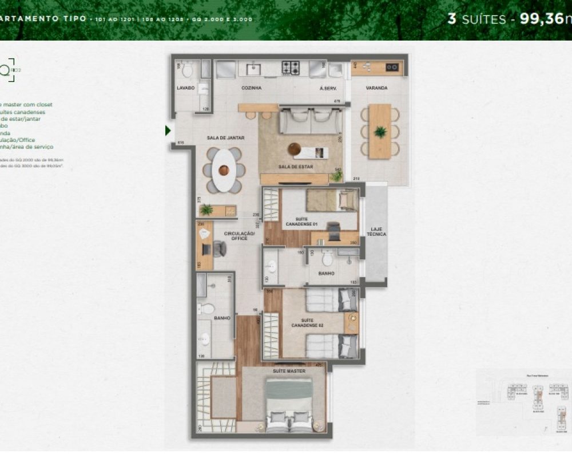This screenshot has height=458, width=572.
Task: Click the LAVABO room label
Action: [185, 88]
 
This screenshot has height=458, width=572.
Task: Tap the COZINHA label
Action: [252, 88]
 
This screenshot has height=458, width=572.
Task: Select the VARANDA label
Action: [378, 88]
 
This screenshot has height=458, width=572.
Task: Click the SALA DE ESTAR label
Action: [296, 167]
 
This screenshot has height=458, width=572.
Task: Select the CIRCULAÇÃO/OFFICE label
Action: [236, 235]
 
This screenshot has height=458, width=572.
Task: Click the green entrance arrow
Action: [168, 131]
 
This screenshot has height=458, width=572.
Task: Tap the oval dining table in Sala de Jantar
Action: [223, 170]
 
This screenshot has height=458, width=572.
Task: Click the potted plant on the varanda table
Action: [380, 132]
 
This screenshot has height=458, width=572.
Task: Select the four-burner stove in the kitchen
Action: [291, 68]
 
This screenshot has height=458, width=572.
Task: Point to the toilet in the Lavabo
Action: [185, 69]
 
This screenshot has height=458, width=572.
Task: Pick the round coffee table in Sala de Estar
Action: [295, 149]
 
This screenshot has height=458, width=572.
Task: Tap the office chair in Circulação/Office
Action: [219, 248]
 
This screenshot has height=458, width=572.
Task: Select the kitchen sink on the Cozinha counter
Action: [252, 69]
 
